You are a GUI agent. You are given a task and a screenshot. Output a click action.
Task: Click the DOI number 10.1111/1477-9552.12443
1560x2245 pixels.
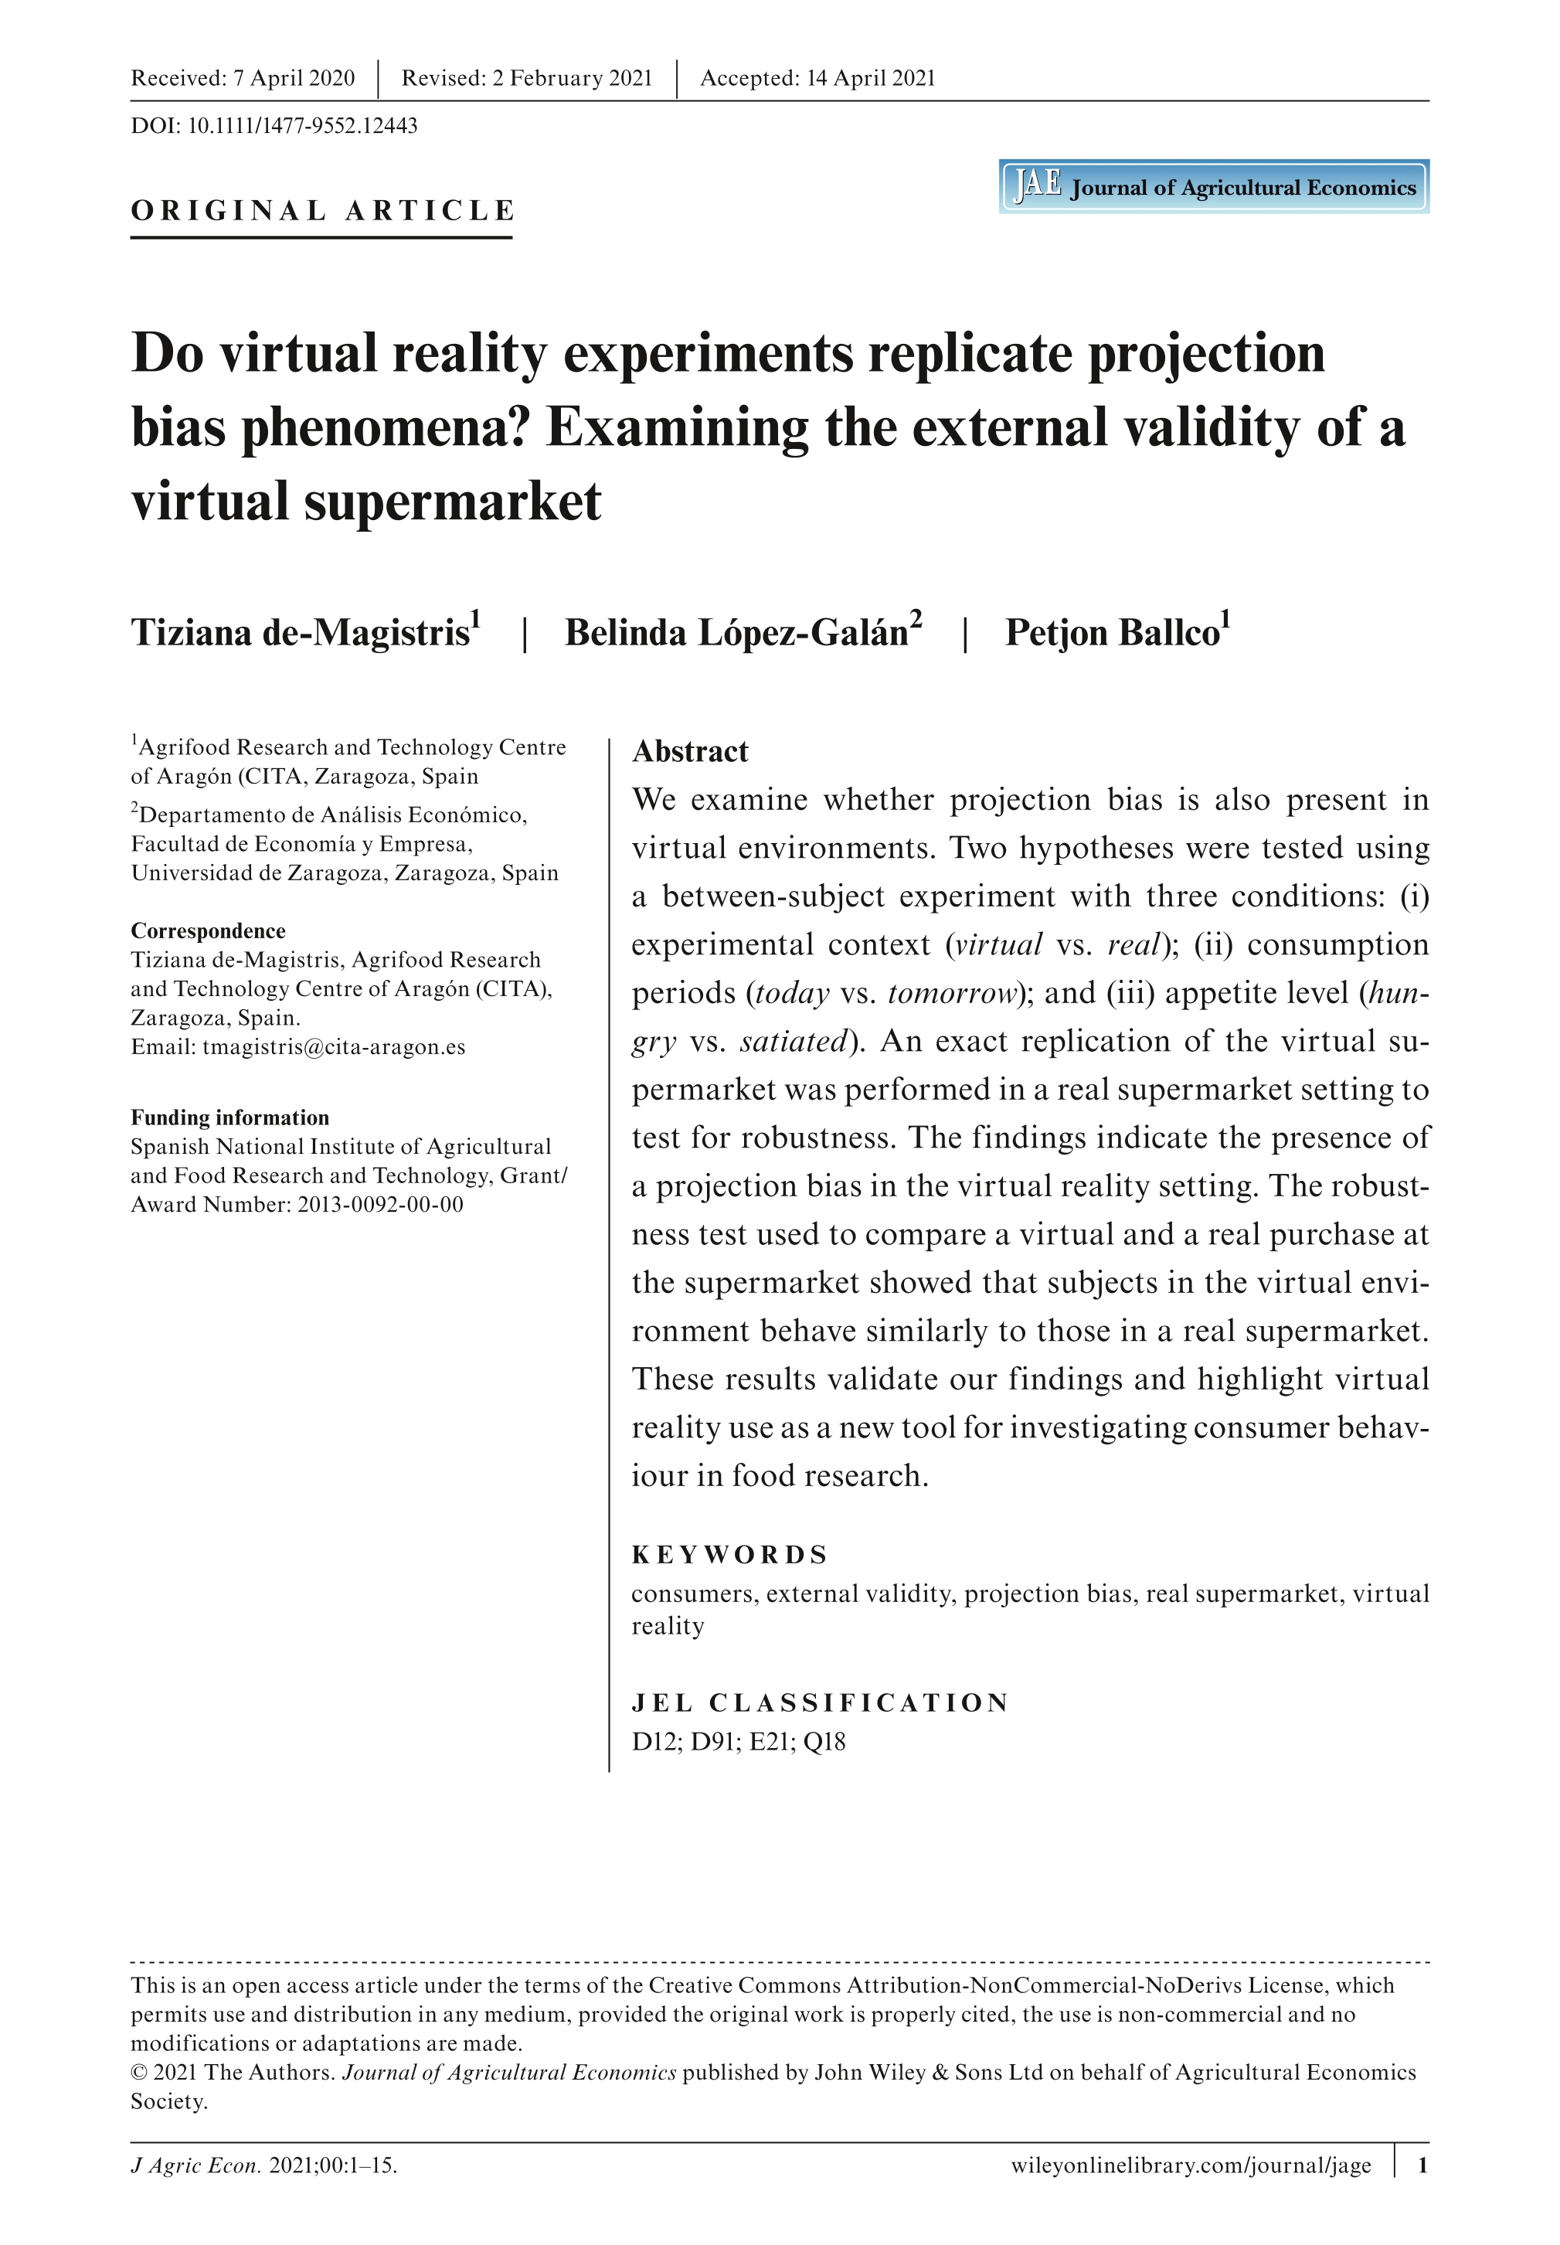(302, 126)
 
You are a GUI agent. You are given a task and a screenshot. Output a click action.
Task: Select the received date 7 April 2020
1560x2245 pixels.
(294, 78)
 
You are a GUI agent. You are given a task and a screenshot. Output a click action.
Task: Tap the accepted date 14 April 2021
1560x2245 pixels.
(870, 78)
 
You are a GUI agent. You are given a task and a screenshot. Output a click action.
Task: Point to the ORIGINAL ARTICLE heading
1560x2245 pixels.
(322, 211)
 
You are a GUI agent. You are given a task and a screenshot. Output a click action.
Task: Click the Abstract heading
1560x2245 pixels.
(690, 752)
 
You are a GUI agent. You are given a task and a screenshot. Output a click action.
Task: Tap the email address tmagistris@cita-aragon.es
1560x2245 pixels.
(333, 1046)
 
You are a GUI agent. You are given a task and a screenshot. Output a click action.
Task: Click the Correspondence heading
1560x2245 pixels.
(208, 930)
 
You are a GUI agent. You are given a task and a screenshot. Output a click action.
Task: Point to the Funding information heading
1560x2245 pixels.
(229, 1117)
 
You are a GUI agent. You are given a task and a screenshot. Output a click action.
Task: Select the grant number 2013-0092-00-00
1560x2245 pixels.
(380, 1204)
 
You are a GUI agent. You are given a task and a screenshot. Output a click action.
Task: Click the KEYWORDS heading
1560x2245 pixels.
(729, 1555)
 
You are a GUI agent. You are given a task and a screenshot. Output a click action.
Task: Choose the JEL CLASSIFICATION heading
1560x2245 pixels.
(819, 1702)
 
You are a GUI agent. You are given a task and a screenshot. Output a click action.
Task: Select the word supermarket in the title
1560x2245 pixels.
(453, 502)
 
